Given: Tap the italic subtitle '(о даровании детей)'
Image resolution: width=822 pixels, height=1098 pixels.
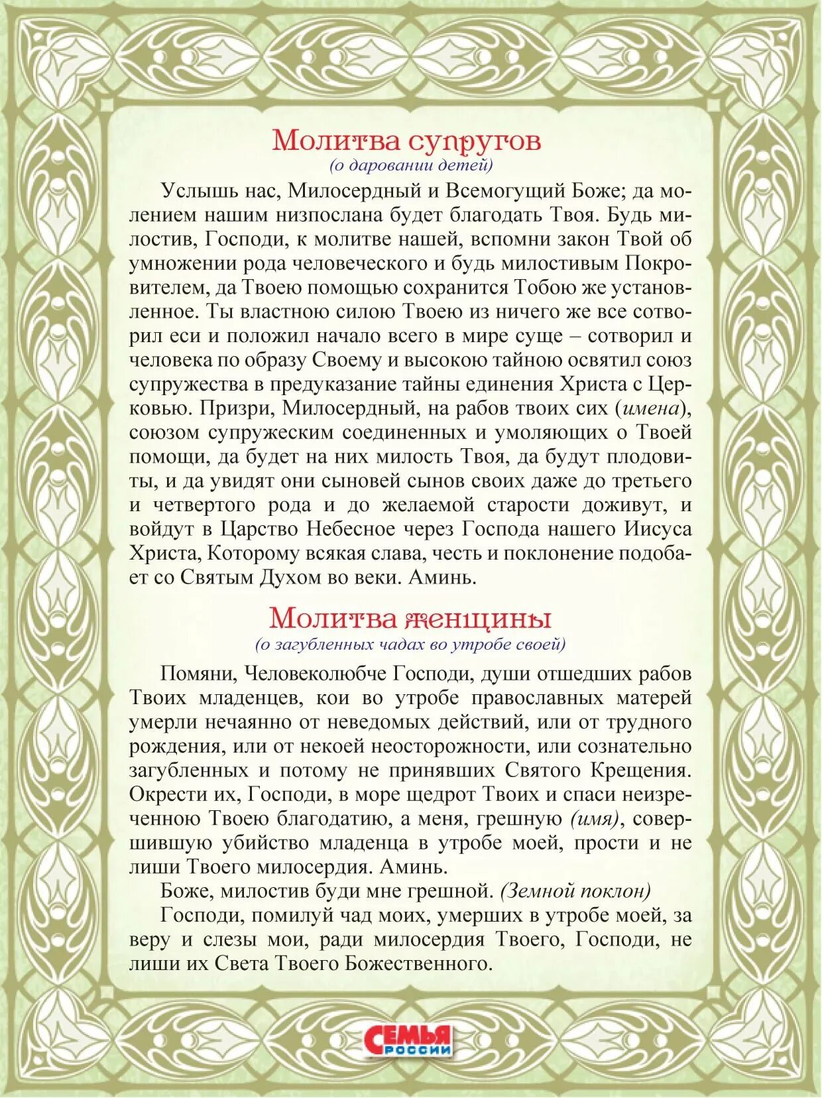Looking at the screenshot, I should coord(411,165).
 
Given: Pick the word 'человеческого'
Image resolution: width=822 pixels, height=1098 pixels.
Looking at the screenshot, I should coord(343,263).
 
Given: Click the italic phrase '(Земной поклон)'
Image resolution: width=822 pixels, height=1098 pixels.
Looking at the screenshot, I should coord(575,891).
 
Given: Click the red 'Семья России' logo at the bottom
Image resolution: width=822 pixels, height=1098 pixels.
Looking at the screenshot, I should coord(409,1040).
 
